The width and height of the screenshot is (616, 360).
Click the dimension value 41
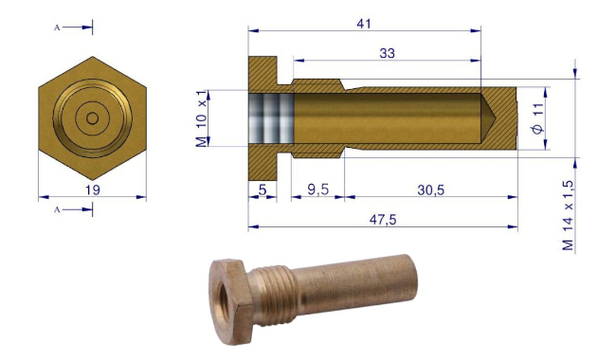click(363, 24)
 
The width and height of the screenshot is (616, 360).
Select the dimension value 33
click(387, 53)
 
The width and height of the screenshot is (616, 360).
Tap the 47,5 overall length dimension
click(383, 220)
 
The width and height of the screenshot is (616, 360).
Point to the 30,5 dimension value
click(430, 190)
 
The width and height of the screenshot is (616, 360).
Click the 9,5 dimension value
click(317, 190)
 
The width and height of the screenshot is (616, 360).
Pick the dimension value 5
click(263, 190)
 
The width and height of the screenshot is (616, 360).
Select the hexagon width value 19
click(93, 190)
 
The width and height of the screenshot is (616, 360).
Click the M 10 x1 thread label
click(201, 118)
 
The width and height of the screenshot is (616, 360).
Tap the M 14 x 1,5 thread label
click(568, 215)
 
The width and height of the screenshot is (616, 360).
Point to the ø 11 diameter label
click(538, 118)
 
